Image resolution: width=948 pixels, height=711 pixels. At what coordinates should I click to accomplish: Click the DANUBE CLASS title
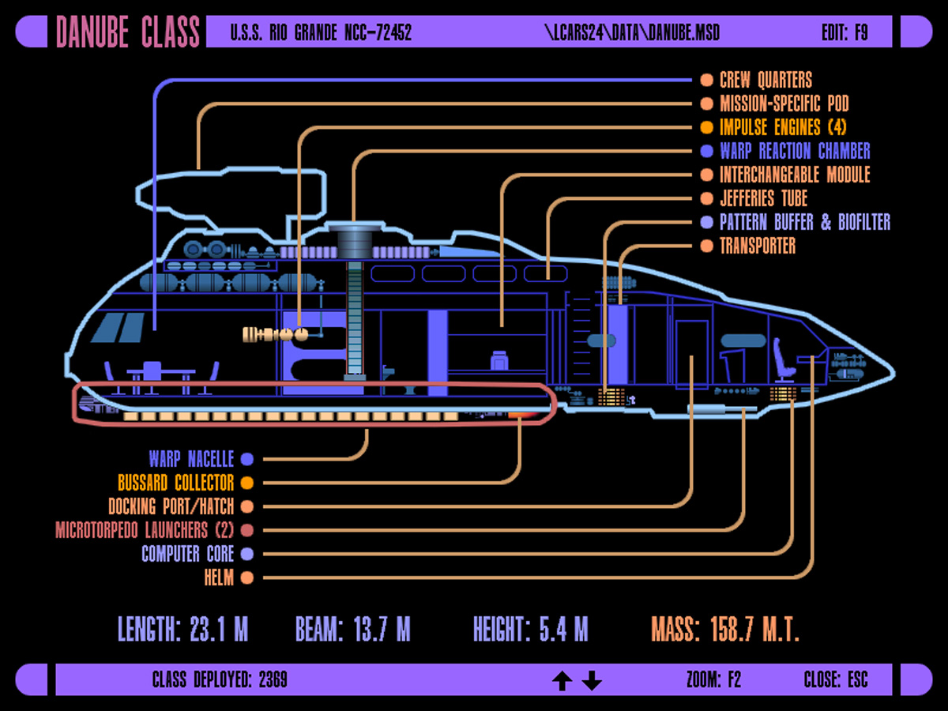[x=128, y=32]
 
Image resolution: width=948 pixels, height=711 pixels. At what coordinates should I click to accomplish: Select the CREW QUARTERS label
[x=766, y=80]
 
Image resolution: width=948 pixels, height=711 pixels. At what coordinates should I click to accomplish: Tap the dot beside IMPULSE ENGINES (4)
[x=706, y=127]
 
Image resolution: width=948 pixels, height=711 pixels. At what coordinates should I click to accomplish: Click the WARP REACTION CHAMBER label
[x=795, y=151]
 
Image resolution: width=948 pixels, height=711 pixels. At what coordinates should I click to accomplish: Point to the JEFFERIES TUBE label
[x=763, y=198]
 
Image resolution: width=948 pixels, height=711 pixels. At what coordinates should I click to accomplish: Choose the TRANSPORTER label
[x=758, y=246]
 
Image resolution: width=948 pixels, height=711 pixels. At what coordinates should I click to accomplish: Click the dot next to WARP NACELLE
[x=247, y=459]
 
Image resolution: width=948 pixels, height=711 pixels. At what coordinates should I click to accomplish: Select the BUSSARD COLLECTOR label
[x=175, y=483]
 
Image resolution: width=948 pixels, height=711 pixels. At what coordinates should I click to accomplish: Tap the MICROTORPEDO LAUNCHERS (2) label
[x=145, y=530]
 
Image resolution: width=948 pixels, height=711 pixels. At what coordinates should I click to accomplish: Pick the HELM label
[x=219, y=578]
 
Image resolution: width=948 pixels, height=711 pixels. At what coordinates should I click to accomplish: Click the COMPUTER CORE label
[x=187, y=554]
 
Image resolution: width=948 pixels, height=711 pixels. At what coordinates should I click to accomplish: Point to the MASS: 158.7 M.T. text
[x=725, y=630]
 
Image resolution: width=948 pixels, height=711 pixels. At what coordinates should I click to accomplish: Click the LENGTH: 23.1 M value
[x=182, y=630]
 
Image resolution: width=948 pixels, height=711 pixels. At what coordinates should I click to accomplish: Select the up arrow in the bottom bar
[x=562, y=680]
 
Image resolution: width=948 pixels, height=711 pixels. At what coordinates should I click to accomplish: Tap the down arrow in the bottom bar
[x=592, y=680]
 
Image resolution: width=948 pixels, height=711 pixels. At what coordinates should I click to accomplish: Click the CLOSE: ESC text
[x=836, y=679]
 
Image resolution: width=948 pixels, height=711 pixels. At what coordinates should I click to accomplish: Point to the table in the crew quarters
[x=160, y=372]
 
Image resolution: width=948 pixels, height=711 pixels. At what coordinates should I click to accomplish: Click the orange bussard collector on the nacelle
[x=520, y=413]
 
